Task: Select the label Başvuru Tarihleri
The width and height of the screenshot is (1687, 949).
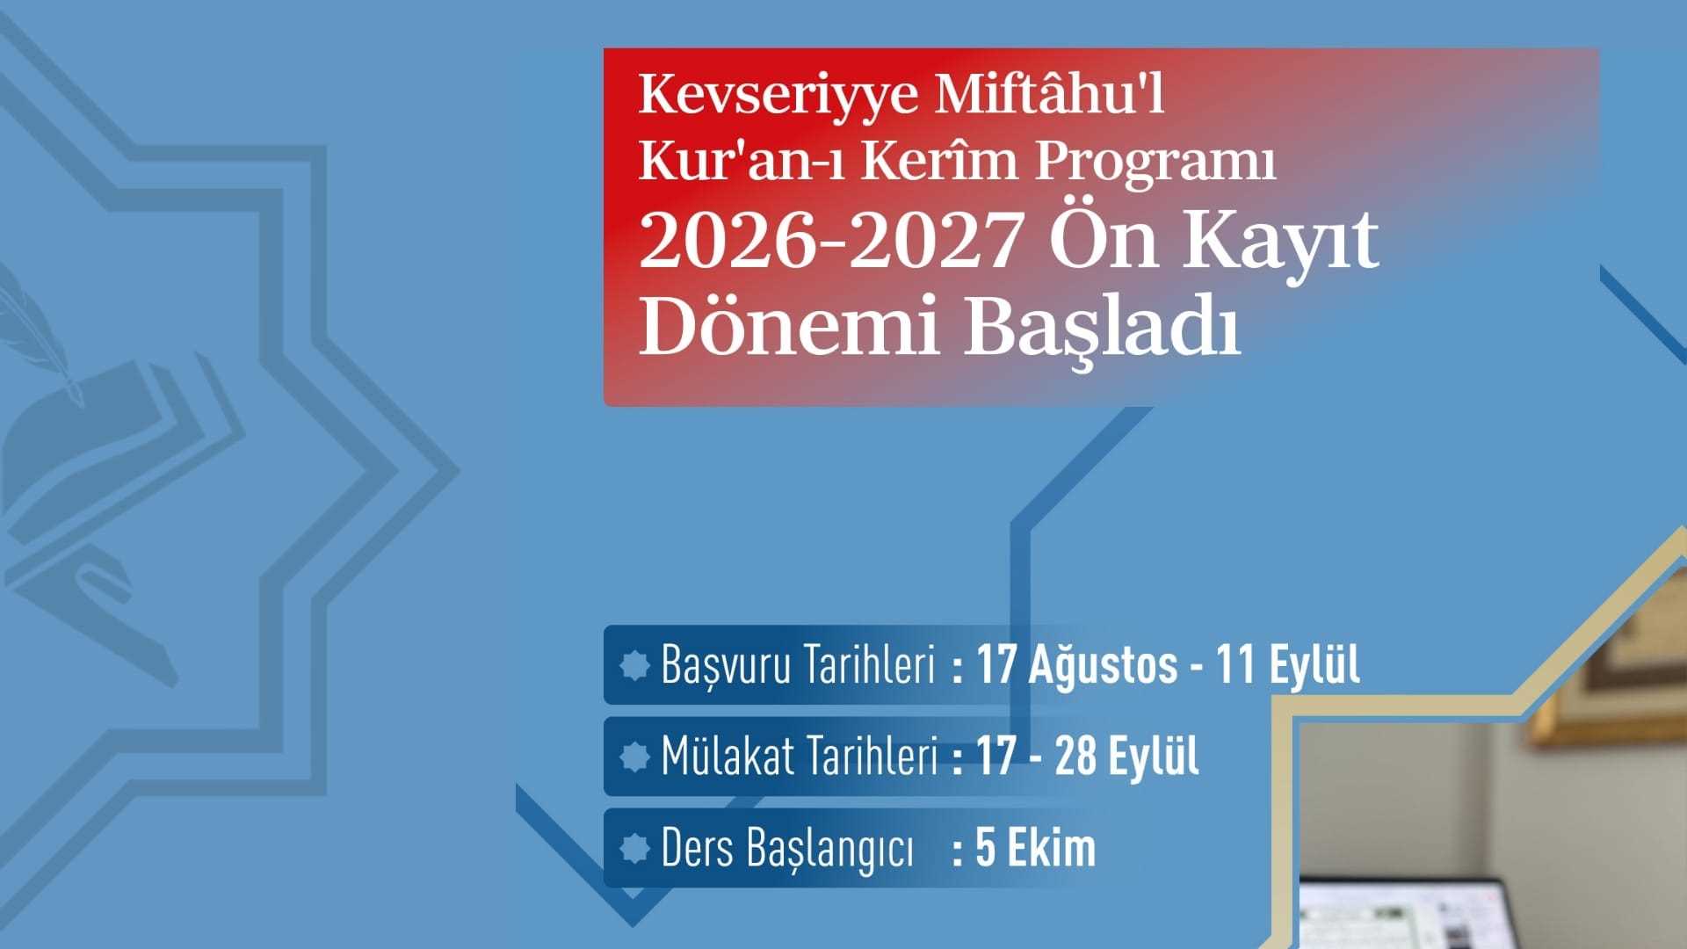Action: [x=797, y=665]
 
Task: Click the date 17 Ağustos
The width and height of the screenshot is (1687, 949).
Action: [x=1077, y=665]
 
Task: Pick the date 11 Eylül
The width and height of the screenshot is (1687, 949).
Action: [x=1288, y=665]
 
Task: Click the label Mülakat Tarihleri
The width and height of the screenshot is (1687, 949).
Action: [x=800, y=757]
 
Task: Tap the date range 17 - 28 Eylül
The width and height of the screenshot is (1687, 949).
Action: [x=1087, y=757]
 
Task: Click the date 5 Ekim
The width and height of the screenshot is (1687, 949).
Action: [x=1036, y=848]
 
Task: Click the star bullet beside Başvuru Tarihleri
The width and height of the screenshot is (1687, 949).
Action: [x=634, y=666]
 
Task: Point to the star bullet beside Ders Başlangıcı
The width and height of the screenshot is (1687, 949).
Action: [x=634, y=849]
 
